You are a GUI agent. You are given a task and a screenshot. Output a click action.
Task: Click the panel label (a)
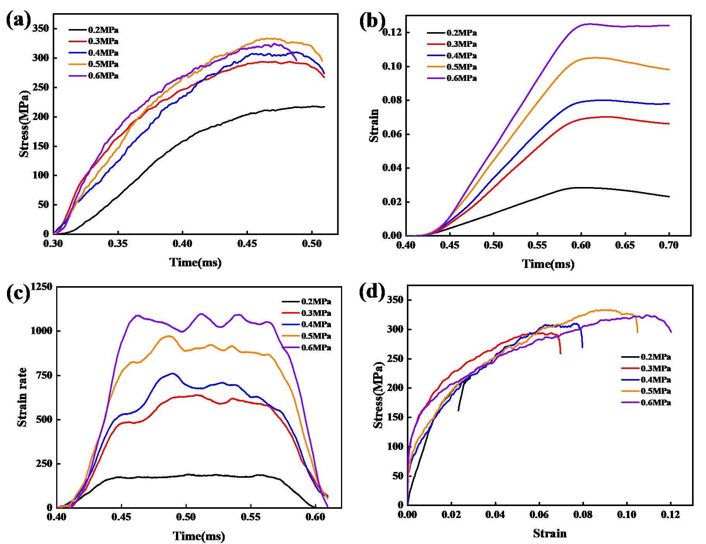pyautogui.click(x=18, y=20)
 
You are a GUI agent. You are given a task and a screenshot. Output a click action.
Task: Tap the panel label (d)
pyautogui.click(x=372, y=292)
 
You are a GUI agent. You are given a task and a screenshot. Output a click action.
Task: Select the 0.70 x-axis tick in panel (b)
pyautogui.click(x=669, y=245)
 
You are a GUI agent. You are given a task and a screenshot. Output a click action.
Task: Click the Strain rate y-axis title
pyautogui.click(x=22, y=397)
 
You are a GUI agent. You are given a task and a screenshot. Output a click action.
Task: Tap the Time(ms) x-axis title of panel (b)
pyautogui.click(x=548, y=264)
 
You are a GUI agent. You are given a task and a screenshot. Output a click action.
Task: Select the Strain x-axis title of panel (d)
pyautogui.click(x=549, y=534)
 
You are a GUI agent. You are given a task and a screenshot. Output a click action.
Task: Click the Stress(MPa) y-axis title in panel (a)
pyautogui.click(x=24, y=124)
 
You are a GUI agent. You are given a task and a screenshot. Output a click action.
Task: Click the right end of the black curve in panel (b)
pyautogui.click(x=669, y=197)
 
